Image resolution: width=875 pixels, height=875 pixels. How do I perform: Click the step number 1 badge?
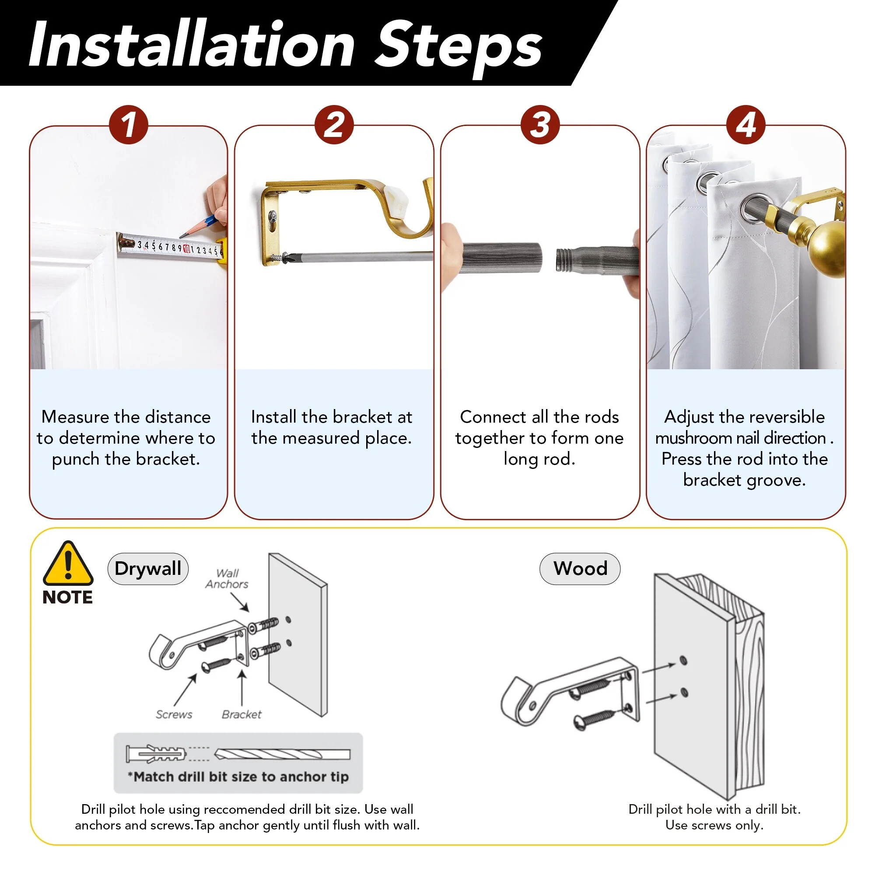129,125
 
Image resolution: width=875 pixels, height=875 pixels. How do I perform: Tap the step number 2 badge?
334,125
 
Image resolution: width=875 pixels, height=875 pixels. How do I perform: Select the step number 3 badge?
540,125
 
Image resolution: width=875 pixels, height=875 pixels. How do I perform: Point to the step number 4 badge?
746,125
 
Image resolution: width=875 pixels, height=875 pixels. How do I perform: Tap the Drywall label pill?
148,569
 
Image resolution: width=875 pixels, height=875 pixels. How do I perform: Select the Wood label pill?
580,569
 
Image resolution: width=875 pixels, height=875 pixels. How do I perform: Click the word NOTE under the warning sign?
67,597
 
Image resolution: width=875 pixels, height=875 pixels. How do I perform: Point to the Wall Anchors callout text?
227,579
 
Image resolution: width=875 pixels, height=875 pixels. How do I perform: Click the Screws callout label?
174,714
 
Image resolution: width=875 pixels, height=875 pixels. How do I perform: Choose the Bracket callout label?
241,714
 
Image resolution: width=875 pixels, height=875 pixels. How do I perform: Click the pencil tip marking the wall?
181,236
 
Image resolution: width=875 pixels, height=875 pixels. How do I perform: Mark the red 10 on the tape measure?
187,248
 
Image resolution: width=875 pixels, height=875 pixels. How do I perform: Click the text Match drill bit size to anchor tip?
238,777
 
